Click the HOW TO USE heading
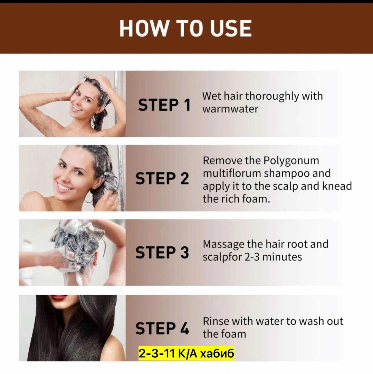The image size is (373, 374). (x=185, y=28)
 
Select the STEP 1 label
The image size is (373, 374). (x=164, y=105)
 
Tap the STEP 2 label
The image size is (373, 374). (x=162, y=179)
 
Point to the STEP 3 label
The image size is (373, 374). (x=162, y=253)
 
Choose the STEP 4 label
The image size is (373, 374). (x=162, y=328)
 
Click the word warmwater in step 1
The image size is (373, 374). (x=230, y=109)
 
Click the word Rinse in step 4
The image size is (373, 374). (x=216, y=321)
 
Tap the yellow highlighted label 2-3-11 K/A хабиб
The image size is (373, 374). (x=186, y=354)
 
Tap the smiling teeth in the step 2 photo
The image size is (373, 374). (x=65, y=187)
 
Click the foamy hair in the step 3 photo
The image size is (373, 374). (x=76, y=238)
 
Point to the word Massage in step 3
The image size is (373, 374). (x=223, y=245)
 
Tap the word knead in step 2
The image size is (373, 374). (x=337, y=186)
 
